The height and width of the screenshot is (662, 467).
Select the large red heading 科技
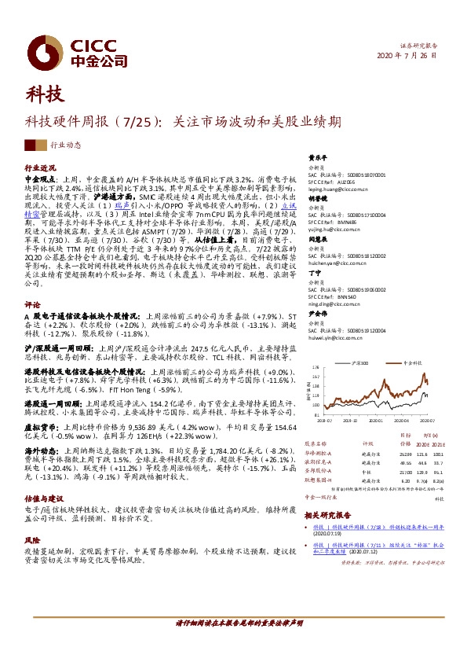pos(45,96)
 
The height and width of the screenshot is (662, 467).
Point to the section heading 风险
pos(32,542)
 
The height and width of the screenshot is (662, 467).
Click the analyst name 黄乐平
pos(316,156)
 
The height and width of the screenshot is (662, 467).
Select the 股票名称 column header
pos(315,443)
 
